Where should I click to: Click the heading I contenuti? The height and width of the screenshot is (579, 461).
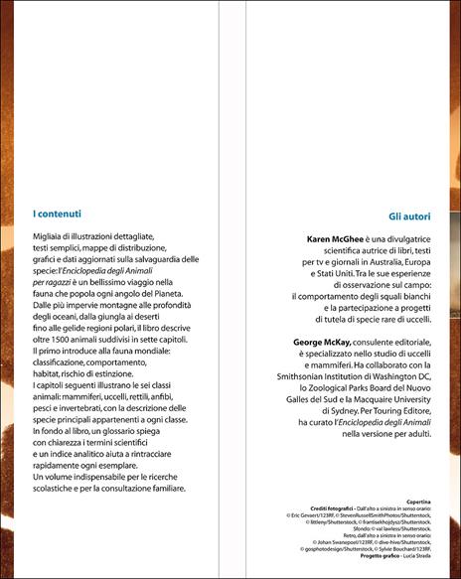[57, 212]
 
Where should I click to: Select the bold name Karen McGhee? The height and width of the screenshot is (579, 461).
[335, 239]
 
